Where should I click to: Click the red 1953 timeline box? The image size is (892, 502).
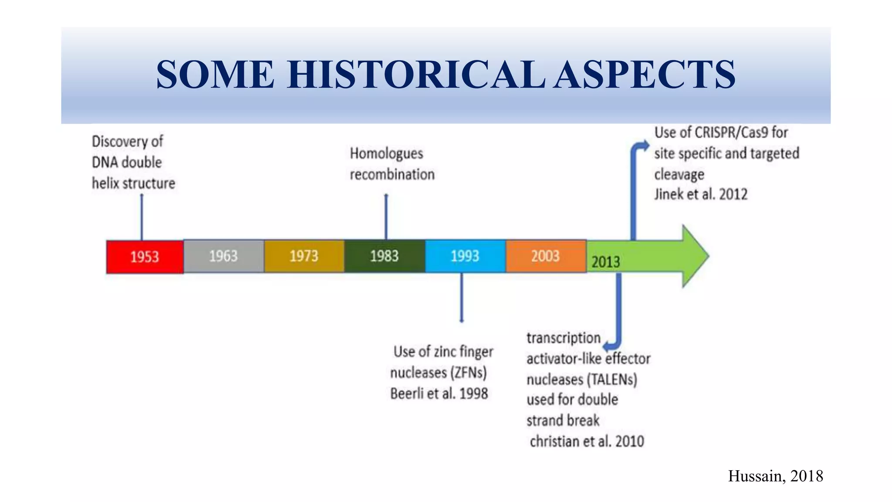pos(145,257)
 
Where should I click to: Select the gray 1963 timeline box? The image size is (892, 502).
pos(223,256)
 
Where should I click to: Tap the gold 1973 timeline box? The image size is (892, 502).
pos(304,256)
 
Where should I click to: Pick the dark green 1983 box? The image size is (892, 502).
pos(384,256)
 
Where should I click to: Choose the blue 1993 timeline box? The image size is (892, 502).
pos(465,256)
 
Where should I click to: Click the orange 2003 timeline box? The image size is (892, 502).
pos(545,256)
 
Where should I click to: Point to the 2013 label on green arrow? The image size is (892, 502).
pos(605,262)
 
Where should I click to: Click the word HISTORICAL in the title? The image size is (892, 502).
pos(416,75)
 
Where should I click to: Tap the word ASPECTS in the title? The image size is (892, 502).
pos(645,75)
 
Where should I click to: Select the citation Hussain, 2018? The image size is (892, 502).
pos(775,476)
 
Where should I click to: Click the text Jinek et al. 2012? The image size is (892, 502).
pos(700,194)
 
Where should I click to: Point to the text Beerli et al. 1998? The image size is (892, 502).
pos(439,393)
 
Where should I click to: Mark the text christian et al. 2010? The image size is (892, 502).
pos(586,441)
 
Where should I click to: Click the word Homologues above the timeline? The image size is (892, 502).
pos(386,153)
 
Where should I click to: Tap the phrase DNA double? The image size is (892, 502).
pos(127,163)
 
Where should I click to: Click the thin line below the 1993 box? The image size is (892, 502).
pos(462,298)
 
